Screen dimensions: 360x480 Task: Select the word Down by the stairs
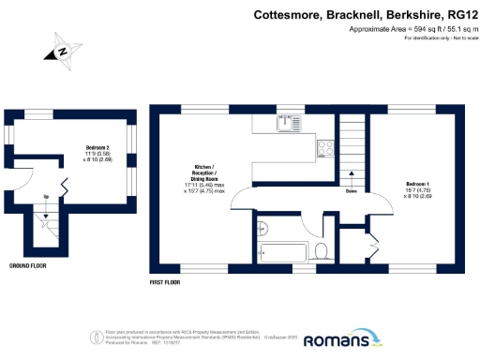(x=351, y=191)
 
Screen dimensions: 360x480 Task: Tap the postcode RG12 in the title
(x=455, y=15)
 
